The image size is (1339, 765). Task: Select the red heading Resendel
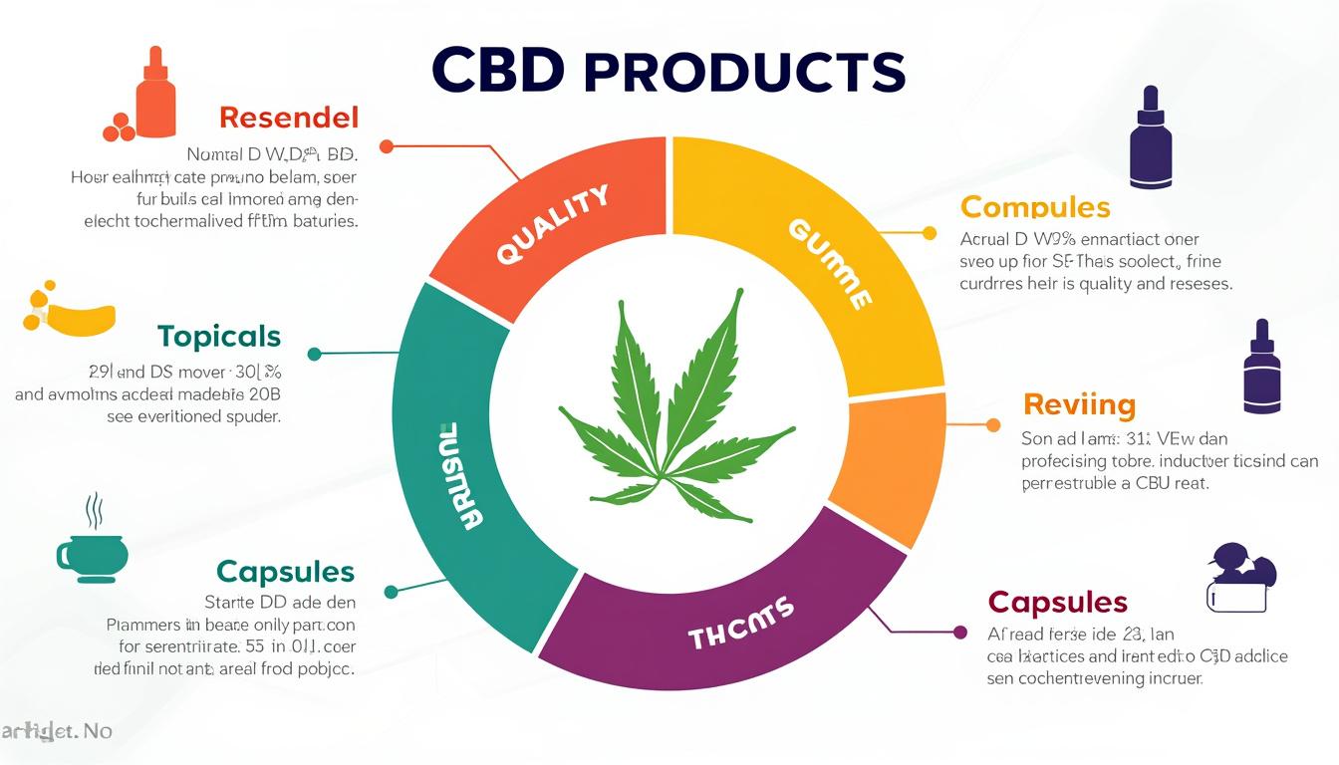click(x=287, y=118)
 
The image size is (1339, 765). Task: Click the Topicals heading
click(x=218, y=336)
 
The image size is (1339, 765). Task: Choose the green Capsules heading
click(x=285, y=571)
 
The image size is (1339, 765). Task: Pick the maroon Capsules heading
click(x=1057, y=602)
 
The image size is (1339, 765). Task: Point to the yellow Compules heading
click(x=1034, y=207)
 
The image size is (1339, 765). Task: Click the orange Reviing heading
click(x=1079, y=404)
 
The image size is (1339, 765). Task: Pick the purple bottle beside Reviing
click(x=1261, y=368)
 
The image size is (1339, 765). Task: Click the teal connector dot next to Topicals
click(x=315, y=354)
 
